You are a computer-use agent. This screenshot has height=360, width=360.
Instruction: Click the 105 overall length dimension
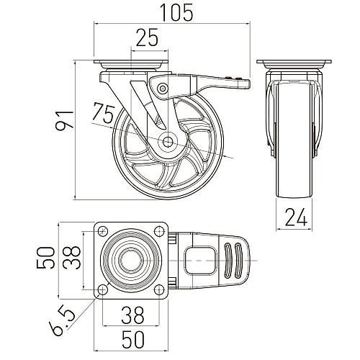click(x=176, y=12)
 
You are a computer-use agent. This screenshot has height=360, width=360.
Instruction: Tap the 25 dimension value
click(x=147, y=37)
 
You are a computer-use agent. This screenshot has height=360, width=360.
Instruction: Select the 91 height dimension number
click(x=64, y=121)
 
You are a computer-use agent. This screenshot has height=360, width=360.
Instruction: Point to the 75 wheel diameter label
click(x=104, y=112)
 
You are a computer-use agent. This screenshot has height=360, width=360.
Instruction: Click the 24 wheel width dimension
click(x=296, y=217)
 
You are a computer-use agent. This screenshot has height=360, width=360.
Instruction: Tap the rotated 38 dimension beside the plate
click(x=71, y=258)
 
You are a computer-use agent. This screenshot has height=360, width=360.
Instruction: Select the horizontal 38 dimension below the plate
click(x=132, y=315)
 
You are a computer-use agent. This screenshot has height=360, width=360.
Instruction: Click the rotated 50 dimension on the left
click(x=45, y=258)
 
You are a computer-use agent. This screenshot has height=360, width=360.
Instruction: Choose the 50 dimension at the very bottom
click(x=133, y=340)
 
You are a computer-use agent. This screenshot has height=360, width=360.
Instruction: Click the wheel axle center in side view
click(x=168, y=141)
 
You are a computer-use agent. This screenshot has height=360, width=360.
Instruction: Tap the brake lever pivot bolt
click(x=163, y=88)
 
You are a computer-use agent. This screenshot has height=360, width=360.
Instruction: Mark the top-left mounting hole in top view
click(x=102, y=231)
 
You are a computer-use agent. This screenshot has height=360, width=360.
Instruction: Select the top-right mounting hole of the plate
click(x=158, y=231)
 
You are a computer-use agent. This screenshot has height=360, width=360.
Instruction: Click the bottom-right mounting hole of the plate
click(x=158, y=289)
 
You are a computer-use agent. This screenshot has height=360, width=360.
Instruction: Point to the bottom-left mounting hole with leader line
click(x=102, y=289)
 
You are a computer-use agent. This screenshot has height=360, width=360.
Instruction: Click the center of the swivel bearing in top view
click(x=130, y=261)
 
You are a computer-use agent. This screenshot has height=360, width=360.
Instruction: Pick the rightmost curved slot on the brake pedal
click(x=238, y=261)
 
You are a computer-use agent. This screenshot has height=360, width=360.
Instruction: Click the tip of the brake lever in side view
click(x=250, y=84)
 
